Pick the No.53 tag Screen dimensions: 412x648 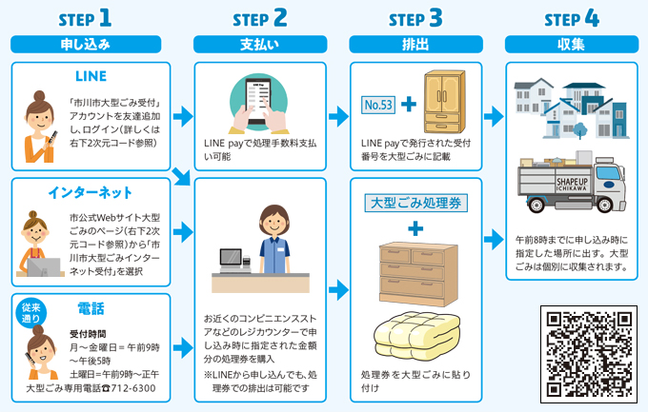(x=377, y=104)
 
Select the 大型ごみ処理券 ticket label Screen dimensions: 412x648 (x=415, y=203)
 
